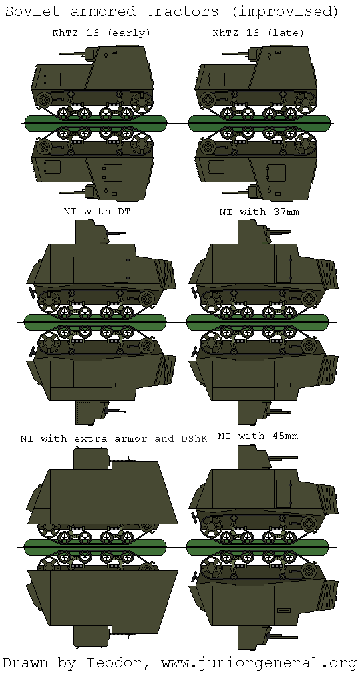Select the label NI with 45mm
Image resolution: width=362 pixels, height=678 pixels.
(x=258, y=436)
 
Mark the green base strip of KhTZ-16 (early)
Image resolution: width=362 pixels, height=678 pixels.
(x=96, y=121)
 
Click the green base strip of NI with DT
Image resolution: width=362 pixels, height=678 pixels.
(x=94, y=321)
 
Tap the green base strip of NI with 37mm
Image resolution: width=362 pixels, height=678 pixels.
(x=258, y=321)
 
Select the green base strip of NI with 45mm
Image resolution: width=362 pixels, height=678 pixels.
(x=258, y=547)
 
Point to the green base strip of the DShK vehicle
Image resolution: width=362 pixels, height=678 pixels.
(x=94, y=547)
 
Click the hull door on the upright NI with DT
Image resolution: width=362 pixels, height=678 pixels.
(x=121, y=268)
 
